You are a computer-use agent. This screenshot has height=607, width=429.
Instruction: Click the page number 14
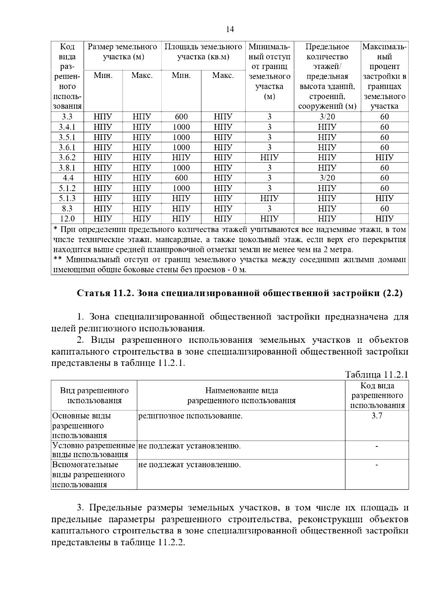click(230, 29)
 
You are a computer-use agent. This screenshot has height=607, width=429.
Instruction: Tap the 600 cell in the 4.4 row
click(181, 178)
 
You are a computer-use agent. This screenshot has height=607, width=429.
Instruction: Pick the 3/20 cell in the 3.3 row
click(327, 117)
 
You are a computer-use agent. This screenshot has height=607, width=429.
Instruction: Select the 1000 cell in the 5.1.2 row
click(181, 188)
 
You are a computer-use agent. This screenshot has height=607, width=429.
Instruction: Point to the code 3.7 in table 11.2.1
click(377, 416)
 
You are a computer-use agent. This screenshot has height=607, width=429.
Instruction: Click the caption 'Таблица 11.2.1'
click(376, 375)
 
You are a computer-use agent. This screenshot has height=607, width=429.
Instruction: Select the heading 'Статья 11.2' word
click(106, 293)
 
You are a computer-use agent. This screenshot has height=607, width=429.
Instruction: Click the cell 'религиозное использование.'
click(190, 416)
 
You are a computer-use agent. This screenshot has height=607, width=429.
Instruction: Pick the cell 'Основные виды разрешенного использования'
click(82, 425)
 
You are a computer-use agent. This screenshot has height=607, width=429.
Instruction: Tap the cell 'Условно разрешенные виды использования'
click(94, 450)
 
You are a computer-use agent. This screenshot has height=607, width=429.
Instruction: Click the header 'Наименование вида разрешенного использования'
click(241, 395)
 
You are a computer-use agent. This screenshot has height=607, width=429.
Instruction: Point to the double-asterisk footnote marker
click(58, 260)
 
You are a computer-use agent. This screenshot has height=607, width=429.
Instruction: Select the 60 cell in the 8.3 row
click(384, 209)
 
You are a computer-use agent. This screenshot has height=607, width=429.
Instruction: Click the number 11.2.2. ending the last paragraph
click(171, 542)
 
